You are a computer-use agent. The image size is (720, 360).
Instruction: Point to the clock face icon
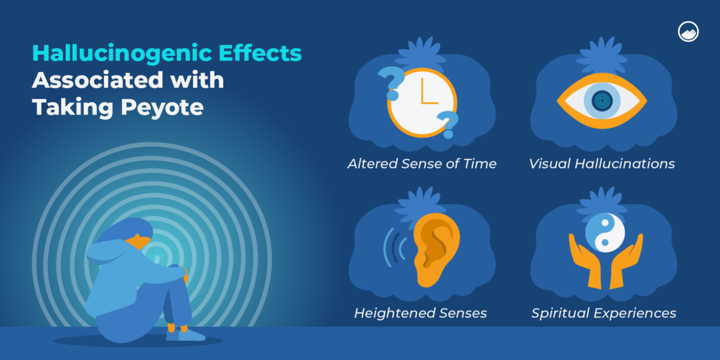(422, 98)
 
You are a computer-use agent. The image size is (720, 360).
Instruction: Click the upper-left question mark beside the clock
(391, 82)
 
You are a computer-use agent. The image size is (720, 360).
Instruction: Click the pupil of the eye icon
(601, 100)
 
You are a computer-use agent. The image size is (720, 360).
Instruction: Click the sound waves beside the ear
(394, 246)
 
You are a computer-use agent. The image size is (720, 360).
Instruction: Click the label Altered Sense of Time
(422, 164)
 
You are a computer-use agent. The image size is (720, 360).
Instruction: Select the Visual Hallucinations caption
(602, 164)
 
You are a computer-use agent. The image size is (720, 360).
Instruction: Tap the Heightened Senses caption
(420, 313)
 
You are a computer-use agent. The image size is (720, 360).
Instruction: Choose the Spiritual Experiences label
(604, 313)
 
